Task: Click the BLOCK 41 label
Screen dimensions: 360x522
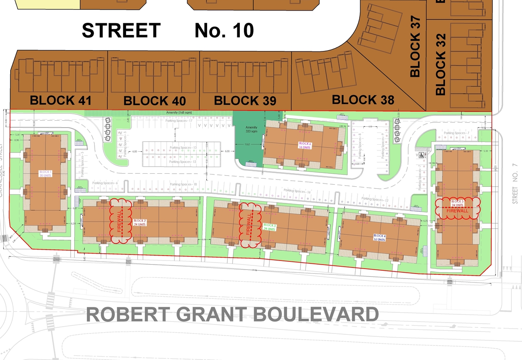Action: [60, 100]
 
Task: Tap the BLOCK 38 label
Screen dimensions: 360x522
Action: [363, 100]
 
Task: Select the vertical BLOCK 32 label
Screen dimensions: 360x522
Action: [441, 64]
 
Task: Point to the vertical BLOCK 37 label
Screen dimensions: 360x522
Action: [415, 49]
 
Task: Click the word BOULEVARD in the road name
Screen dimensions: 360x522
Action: [313, 315]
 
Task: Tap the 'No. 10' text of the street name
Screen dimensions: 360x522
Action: [224, 31]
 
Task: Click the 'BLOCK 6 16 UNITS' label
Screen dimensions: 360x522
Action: [305, 145]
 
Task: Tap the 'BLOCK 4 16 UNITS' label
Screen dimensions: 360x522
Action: [379, 238]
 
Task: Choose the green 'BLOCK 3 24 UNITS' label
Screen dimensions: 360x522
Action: [270, 227]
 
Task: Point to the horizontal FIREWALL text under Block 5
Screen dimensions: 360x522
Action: [457, 211]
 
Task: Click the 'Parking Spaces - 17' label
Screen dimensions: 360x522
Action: [179, 121]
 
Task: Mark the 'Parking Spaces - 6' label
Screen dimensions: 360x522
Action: [104, 183]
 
